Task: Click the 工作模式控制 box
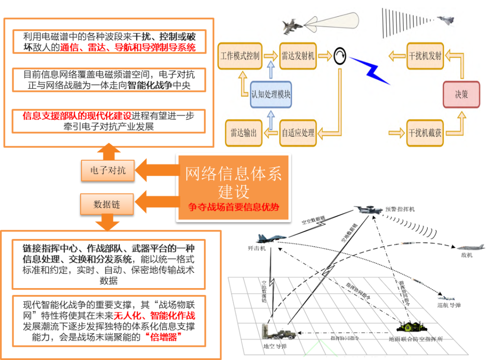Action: coord(240,56)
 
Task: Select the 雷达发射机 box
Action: coord(298,56)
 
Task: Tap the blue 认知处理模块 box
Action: coord(271,95)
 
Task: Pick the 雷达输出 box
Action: coord(244,133)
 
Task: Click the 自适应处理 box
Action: coord(298,133)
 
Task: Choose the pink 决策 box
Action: coord(461,95)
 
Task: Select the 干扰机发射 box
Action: coord(425,56)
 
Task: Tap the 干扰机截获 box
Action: coord(425,133)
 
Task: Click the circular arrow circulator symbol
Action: coord(340,56)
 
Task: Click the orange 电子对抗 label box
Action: coord(108,171)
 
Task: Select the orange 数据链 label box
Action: coord(107,204)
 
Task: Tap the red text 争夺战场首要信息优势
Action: coord(233,206)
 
